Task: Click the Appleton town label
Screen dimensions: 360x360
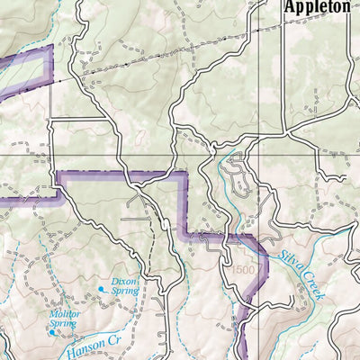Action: coord(316,7)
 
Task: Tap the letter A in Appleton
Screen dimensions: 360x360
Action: coord(289,7)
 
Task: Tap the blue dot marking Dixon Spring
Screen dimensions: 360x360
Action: coord(101,289)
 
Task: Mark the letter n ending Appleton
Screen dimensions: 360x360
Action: coord(345,7)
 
